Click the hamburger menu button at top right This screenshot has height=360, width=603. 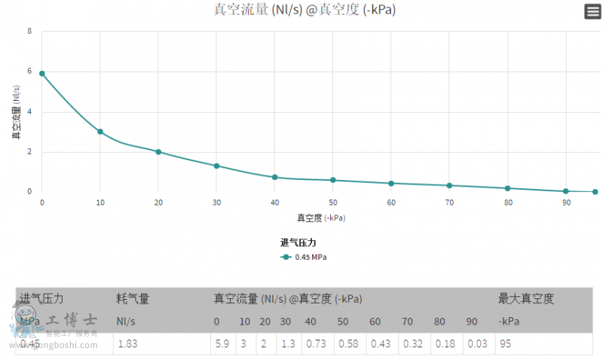(x=592, y=11)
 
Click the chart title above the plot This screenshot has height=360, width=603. (x=305, y=10)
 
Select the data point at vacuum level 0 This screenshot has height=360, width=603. (x=42, y=73)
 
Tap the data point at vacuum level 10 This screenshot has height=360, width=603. (x=100, y=132)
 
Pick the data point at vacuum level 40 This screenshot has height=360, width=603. (x=275, y=177)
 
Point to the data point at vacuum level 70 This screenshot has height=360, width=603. (x=449, y=185)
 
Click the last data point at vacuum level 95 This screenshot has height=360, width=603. (x=595, y=192)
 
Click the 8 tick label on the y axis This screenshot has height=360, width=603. (x=29, y=32)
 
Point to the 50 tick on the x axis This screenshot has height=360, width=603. (x=332, y=203)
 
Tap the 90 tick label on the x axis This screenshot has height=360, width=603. (x=566, y=203)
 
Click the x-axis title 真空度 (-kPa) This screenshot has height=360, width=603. (x=321, y=218)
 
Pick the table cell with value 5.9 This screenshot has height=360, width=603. (x=222, y=343)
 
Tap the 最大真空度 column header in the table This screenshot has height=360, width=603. (x=526, y=299)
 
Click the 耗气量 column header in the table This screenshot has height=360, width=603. (x=133, y=299)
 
